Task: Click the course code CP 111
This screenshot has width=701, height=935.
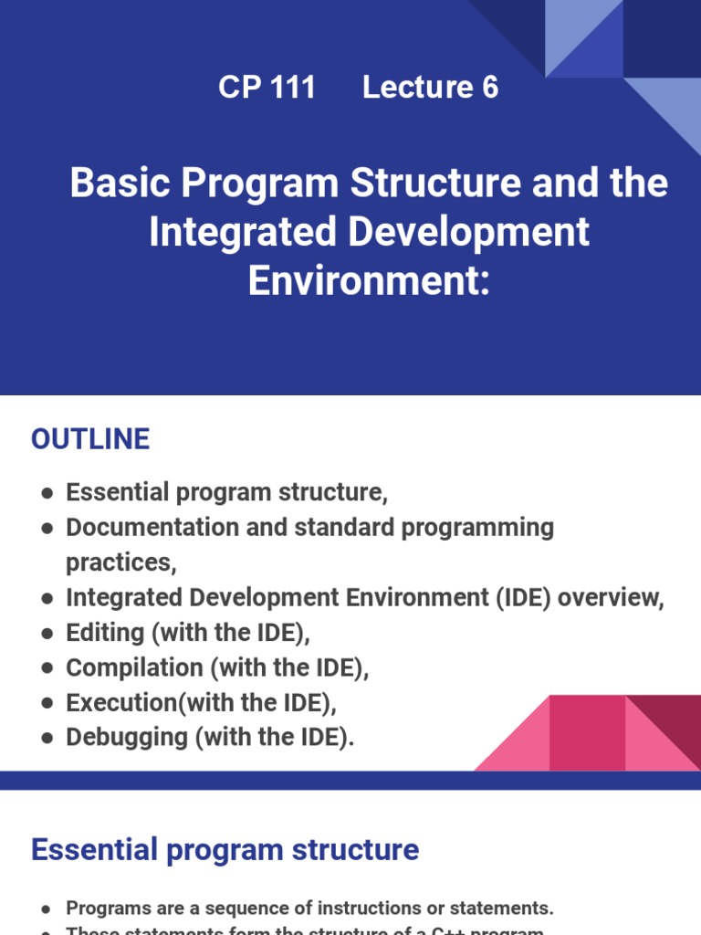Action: click(x=267, y=88)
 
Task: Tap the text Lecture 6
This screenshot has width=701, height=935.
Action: click(x=430, y=88)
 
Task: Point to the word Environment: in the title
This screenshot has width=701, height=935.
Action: click(x=369, y=280)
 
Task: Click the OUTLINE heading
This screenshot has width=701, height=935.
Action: click(x=90, y=439)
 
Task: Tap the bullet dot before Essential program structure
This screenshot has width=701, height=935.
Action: click(x=47, y=493)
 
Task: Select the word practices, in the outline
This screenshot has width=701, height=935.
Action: click(x=120, y=562)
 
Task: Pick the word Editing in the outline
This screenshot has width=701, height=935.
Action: click(x=105, y=633)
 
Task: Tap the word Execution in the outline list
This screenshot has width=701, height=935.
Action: click(x=121, y=703)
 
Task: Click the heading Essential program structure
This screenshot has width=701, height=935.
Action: click(x=225, y=849)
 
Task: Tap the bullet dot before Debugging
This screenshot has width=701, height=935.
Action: click(x=47, y=739)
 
